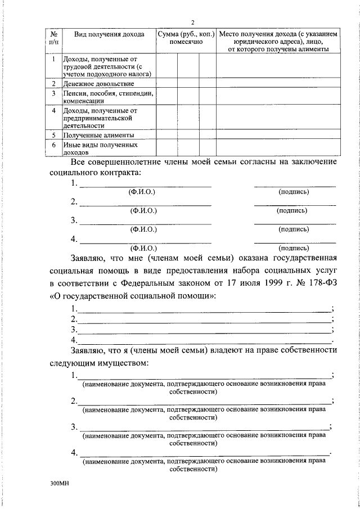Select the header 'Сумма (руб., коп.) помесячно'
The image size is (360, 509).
point(186,38)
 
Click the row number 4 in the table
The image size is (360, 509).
point(53,111)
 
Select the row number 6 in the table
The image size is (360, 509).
point(53,145)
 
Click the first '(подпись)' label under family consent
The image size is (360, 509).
point(294,192)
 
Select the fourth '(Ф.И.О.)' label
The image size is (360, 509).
point(142,247)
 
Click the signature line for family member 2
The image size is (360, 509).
point(295,205)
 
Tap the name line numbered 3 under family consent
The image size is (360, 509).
point(145,223)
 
